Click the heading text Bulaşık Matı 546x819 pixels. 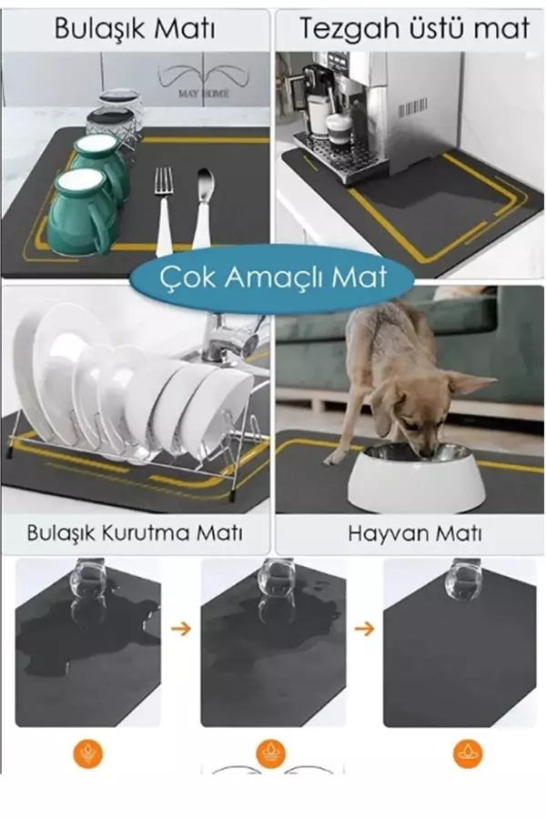(x=135, y=28)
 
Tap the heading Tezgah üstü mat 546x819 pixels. (x=414, y=28)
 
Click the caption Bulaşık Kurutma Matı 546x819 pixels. (x=135, y=533)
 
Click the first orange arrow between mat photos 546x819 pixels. (x=180, y=628)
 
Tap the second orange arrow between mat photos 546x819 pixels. (x=363, y=628)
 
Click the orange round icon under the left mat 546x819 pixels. (x=88, y=753)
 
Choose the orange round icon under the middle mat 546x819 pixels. (x=270, y=753)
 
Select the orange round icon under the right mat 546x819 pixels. (x=468, y=753)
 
